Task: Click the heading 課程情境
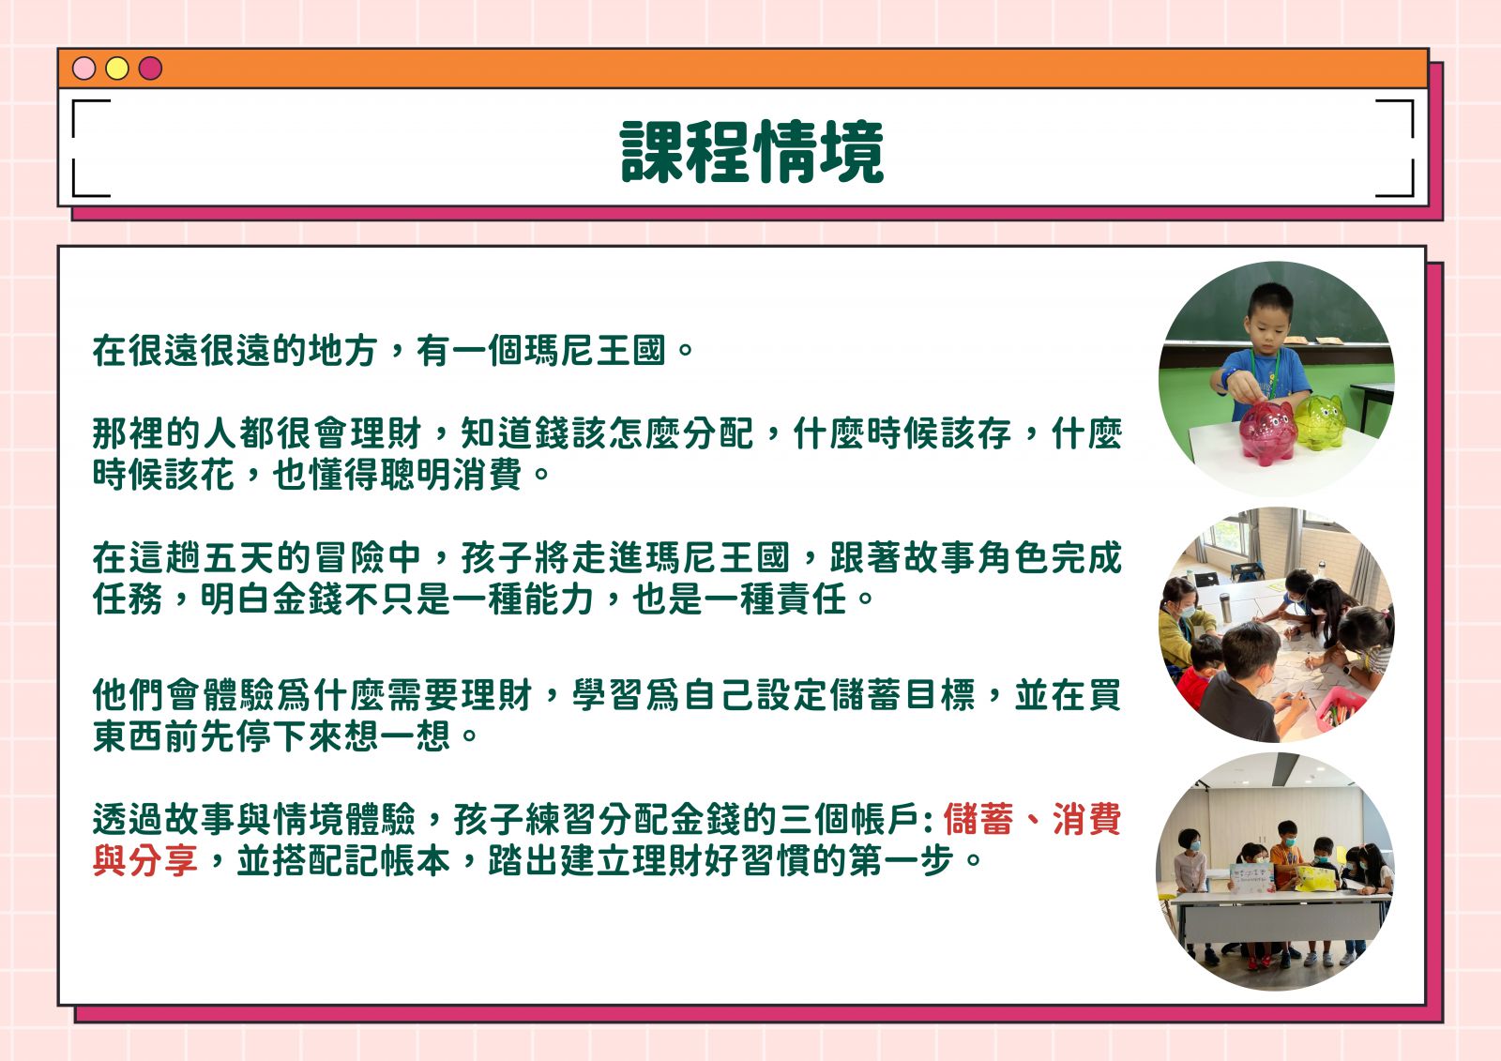[751, 152]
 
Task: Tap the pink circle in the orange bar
[83, 68]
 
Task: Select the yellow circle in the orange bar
[117, 68]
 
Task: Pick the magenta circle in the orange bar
[150, 68]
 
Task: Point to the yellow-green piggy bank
[1319, 421]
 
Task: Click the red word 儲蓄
[978, 820]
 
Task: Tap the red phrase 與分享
[145, 860]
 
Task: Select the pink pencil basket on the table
[1342, 707]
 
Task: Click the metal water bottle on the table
[1225, 607]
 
